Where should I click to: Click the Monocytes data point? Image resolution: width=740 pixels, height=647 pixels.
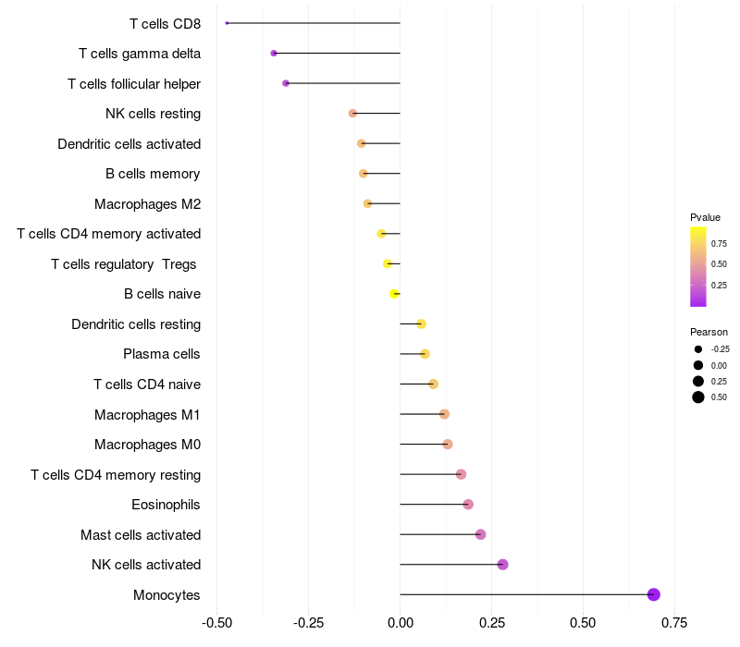(654, 594)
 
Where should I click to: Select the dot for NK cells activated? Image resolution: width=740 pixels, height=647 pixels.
(502, 565)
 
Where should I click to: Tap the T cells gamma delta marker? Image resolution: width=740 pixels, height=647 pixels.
(274, 54)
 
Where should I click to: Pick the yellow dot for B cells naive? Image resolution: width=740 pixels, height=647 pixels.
(394, 294)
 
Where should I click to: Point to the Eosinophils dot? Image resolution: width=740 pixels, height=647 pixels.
(468, 505)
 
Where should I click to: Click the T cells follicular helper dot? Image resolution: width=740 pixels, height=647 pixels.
(286, 83)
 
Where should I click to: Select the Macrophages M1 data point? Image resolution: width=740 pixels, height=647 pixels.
(444, 414)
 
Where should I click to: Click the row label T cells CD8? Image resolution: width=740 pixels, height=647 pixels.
(166, 23)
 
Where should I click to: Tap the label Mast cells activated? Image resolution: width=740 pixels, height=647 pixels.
(141, 534)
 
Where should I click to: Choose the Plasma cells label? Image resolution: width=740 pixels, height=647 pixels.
(162, 354)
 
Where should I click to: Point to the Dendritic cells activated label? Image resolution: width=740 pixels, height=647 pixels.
(129, 143)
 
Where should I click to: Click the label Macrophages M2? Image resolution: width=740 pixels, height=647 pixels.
(148, 203)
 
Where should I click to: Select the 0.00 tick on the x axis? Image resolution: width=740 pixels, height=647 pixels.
(400, 622)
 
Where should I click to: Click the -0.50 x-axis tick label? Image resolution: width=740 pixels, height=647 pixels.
(216, 622)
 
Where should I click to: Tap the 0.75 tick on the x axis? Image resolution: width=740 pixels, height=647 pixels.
(674, 622)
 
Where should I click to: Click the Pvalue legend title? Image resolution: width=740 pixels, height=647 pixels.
(705, 217)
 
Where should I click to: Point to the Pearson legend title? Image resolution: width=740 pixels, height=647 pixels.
(709, 332)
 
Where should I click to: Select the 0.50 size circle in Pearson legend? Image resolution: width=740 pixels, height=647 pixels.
(698, 397)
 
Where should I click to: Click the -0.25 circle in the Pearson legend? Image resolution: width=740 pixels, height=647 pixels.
(698, 349)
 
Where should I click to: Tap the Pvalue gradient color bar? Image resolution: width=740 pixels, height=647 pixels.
(698, 266)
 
